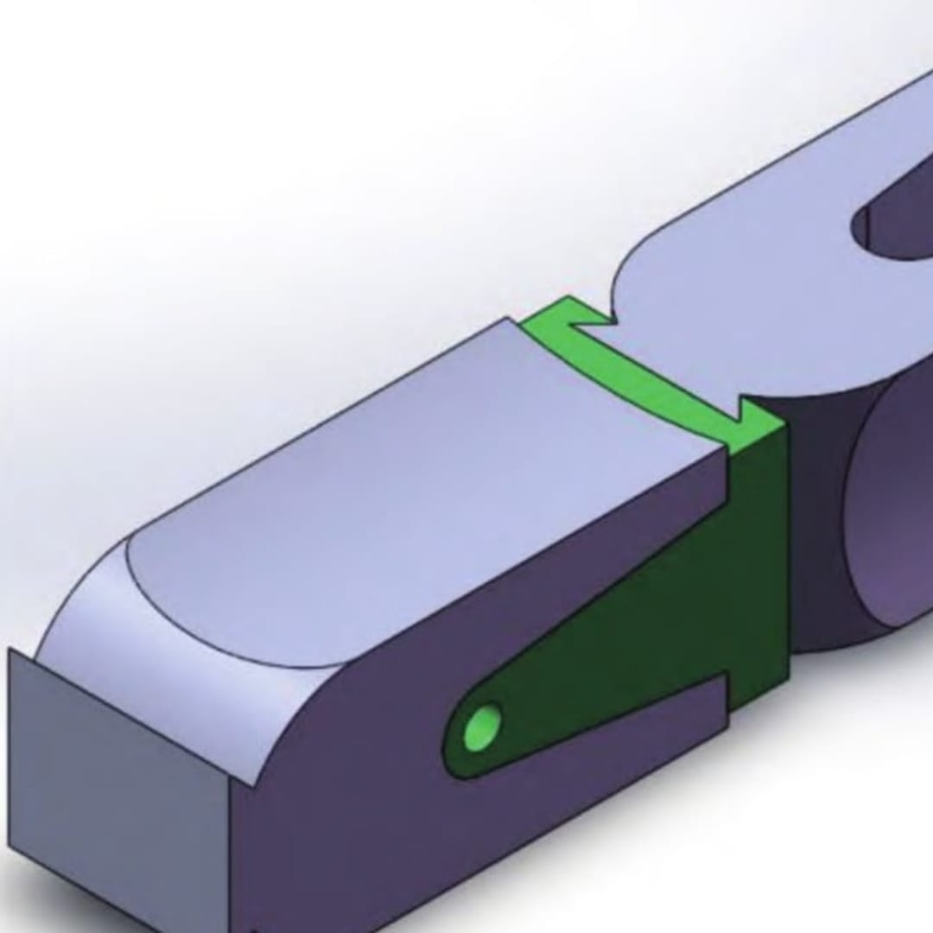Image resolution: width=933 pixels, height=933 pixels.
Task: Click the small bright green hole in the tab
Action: click(x=482, y=727)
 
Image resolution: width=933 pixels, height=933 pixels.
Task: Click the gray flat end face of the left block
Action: click(x=112, y=777)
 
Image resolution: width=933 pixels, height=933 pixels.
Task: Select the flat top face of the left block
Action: click(x=415, y=484)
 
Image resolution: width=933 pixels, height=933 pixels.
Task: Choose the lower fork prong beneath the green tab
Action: click(x=639, y=734)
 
